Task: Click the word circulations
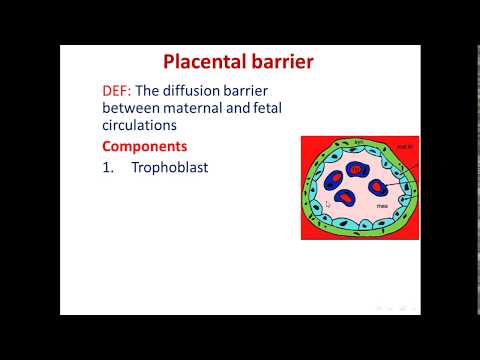point(145,127)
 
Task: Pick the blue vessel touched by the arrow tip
point(379,186)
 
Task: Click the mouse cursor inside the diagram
point(329,203)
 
